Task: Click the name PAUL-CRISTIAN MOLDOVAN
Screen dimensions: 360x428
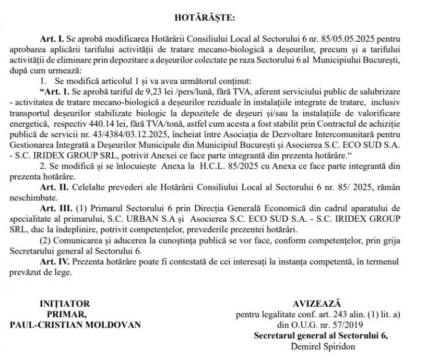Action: pyautogui.click(x=75, y=324)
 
